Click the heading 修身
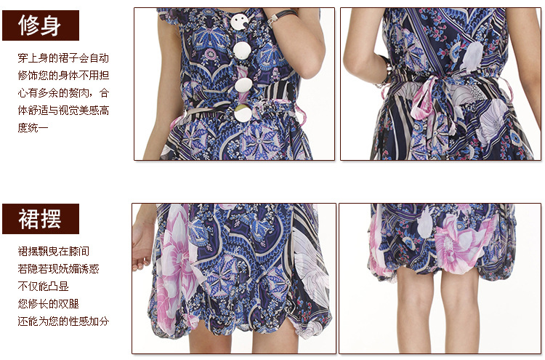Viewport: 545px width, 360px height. point(40,25)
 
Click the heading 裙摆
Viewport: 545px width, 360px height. point(40,219)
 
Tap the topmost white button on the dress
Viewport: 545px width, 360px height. point(240,23)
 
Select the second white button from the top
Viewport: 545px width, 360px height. point(242,51)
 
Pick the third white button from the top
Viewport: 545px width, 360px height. point(243,86)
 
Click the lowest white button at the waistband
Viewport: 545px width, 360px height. point(243,113)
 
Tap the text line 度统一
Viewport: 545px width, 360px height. point(33,128)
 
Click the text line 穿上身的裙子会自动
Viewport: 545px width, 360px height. point(63,57)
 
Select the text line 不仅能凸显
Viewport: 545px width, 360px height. point(43,287)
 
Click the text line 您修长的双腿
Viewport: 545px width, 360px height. point(48,304)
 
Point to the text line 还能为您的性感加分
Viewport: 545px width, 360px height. point(63,321)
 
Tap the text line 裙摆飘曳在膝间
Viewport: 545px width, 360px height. point(54,251)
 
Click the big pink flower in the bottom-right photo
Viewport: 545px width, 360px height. point(461,244)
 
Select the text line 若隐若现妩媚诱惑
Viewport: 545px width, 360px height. point(58,269)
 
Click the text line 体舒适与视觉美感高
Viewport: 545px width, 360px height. point(63,111)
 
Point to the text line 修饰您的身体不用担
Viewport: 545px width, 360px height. point(63,75)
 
